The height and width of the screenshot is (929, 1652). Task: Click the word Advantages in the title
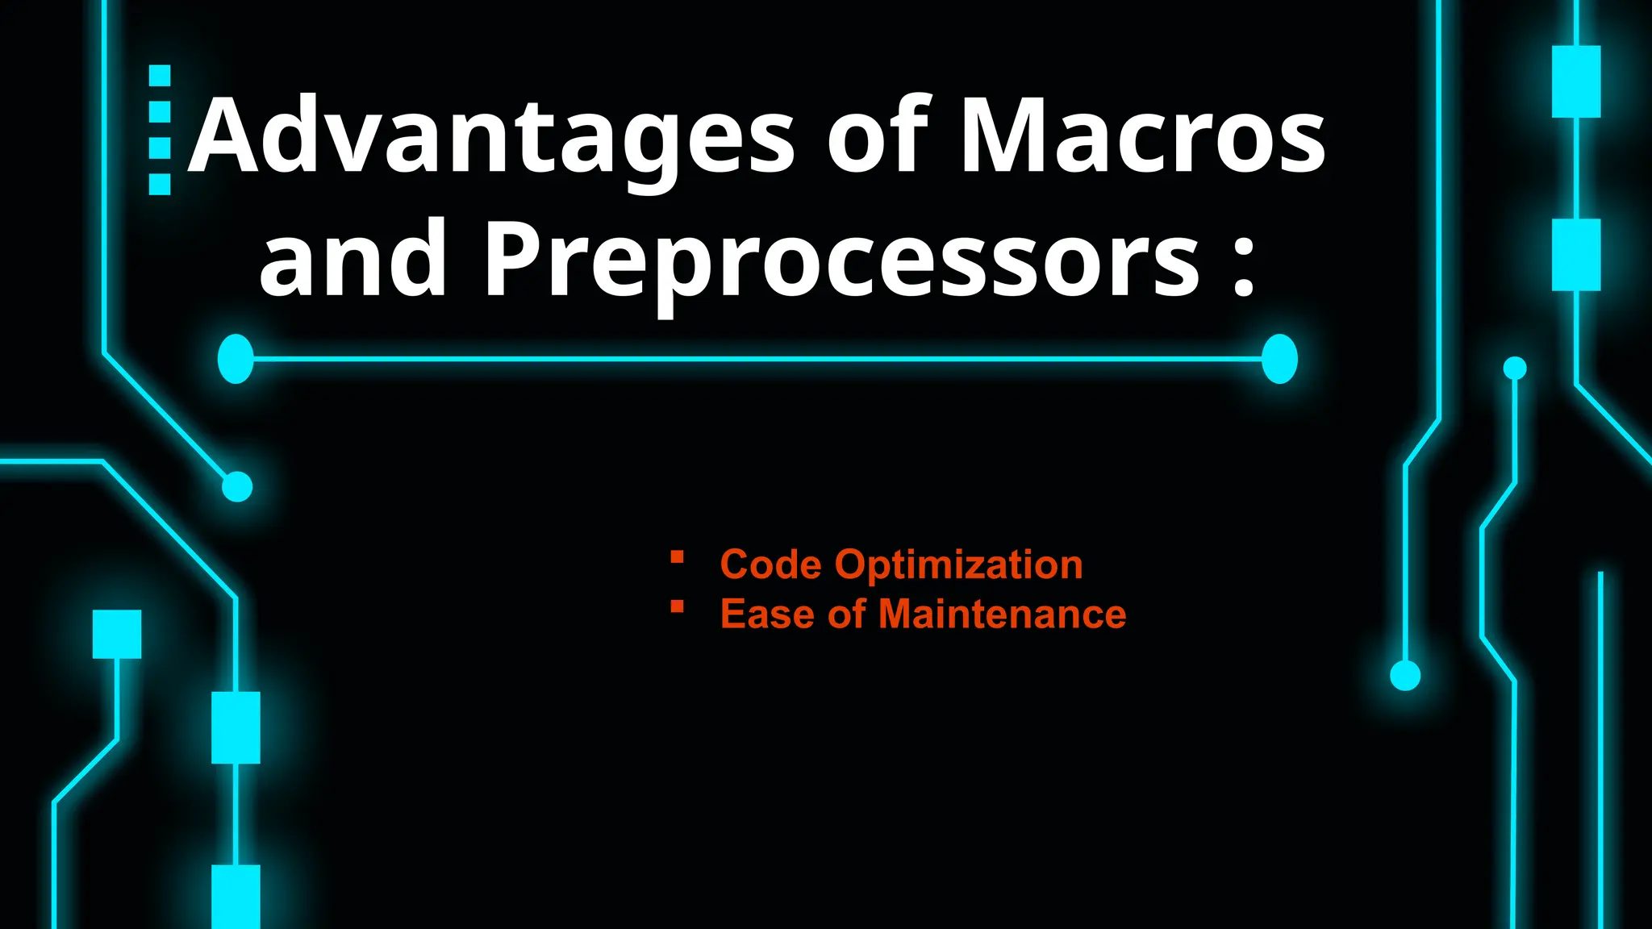click(x=492, y=137)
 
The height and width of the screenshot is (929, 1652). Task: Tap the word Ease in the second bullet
click(x=767, y=614)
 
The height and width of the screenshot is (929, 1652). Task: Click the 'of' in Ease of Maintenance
click(x=846, y=614)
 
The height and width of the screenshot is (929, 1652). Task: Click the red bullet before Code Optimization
click(x=677, y=556)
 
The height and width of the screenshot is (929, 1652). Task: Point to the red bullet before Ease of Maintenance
click(x=677, y=606)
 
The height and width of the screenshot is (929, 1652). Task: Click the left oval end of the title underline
click(x=236, y=358)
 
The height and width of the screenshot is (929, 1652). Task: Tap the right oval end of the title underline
click(x=1279, y=358)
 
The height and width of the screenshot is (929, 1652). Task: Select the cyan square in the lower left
click(x=117, y=634)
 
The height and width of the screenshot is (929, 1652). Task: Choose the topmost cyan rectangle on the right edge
click(x=1576, y=81)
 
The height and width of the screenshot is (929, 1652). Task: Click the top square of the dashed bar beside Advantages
click(x=160, y=75)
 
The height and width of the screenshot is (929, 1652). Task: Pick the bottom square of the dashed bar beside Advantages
click(x=160, y=185)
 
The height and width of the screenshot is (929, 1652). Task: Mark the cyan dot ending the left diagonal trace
click(x=237, y=486)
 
